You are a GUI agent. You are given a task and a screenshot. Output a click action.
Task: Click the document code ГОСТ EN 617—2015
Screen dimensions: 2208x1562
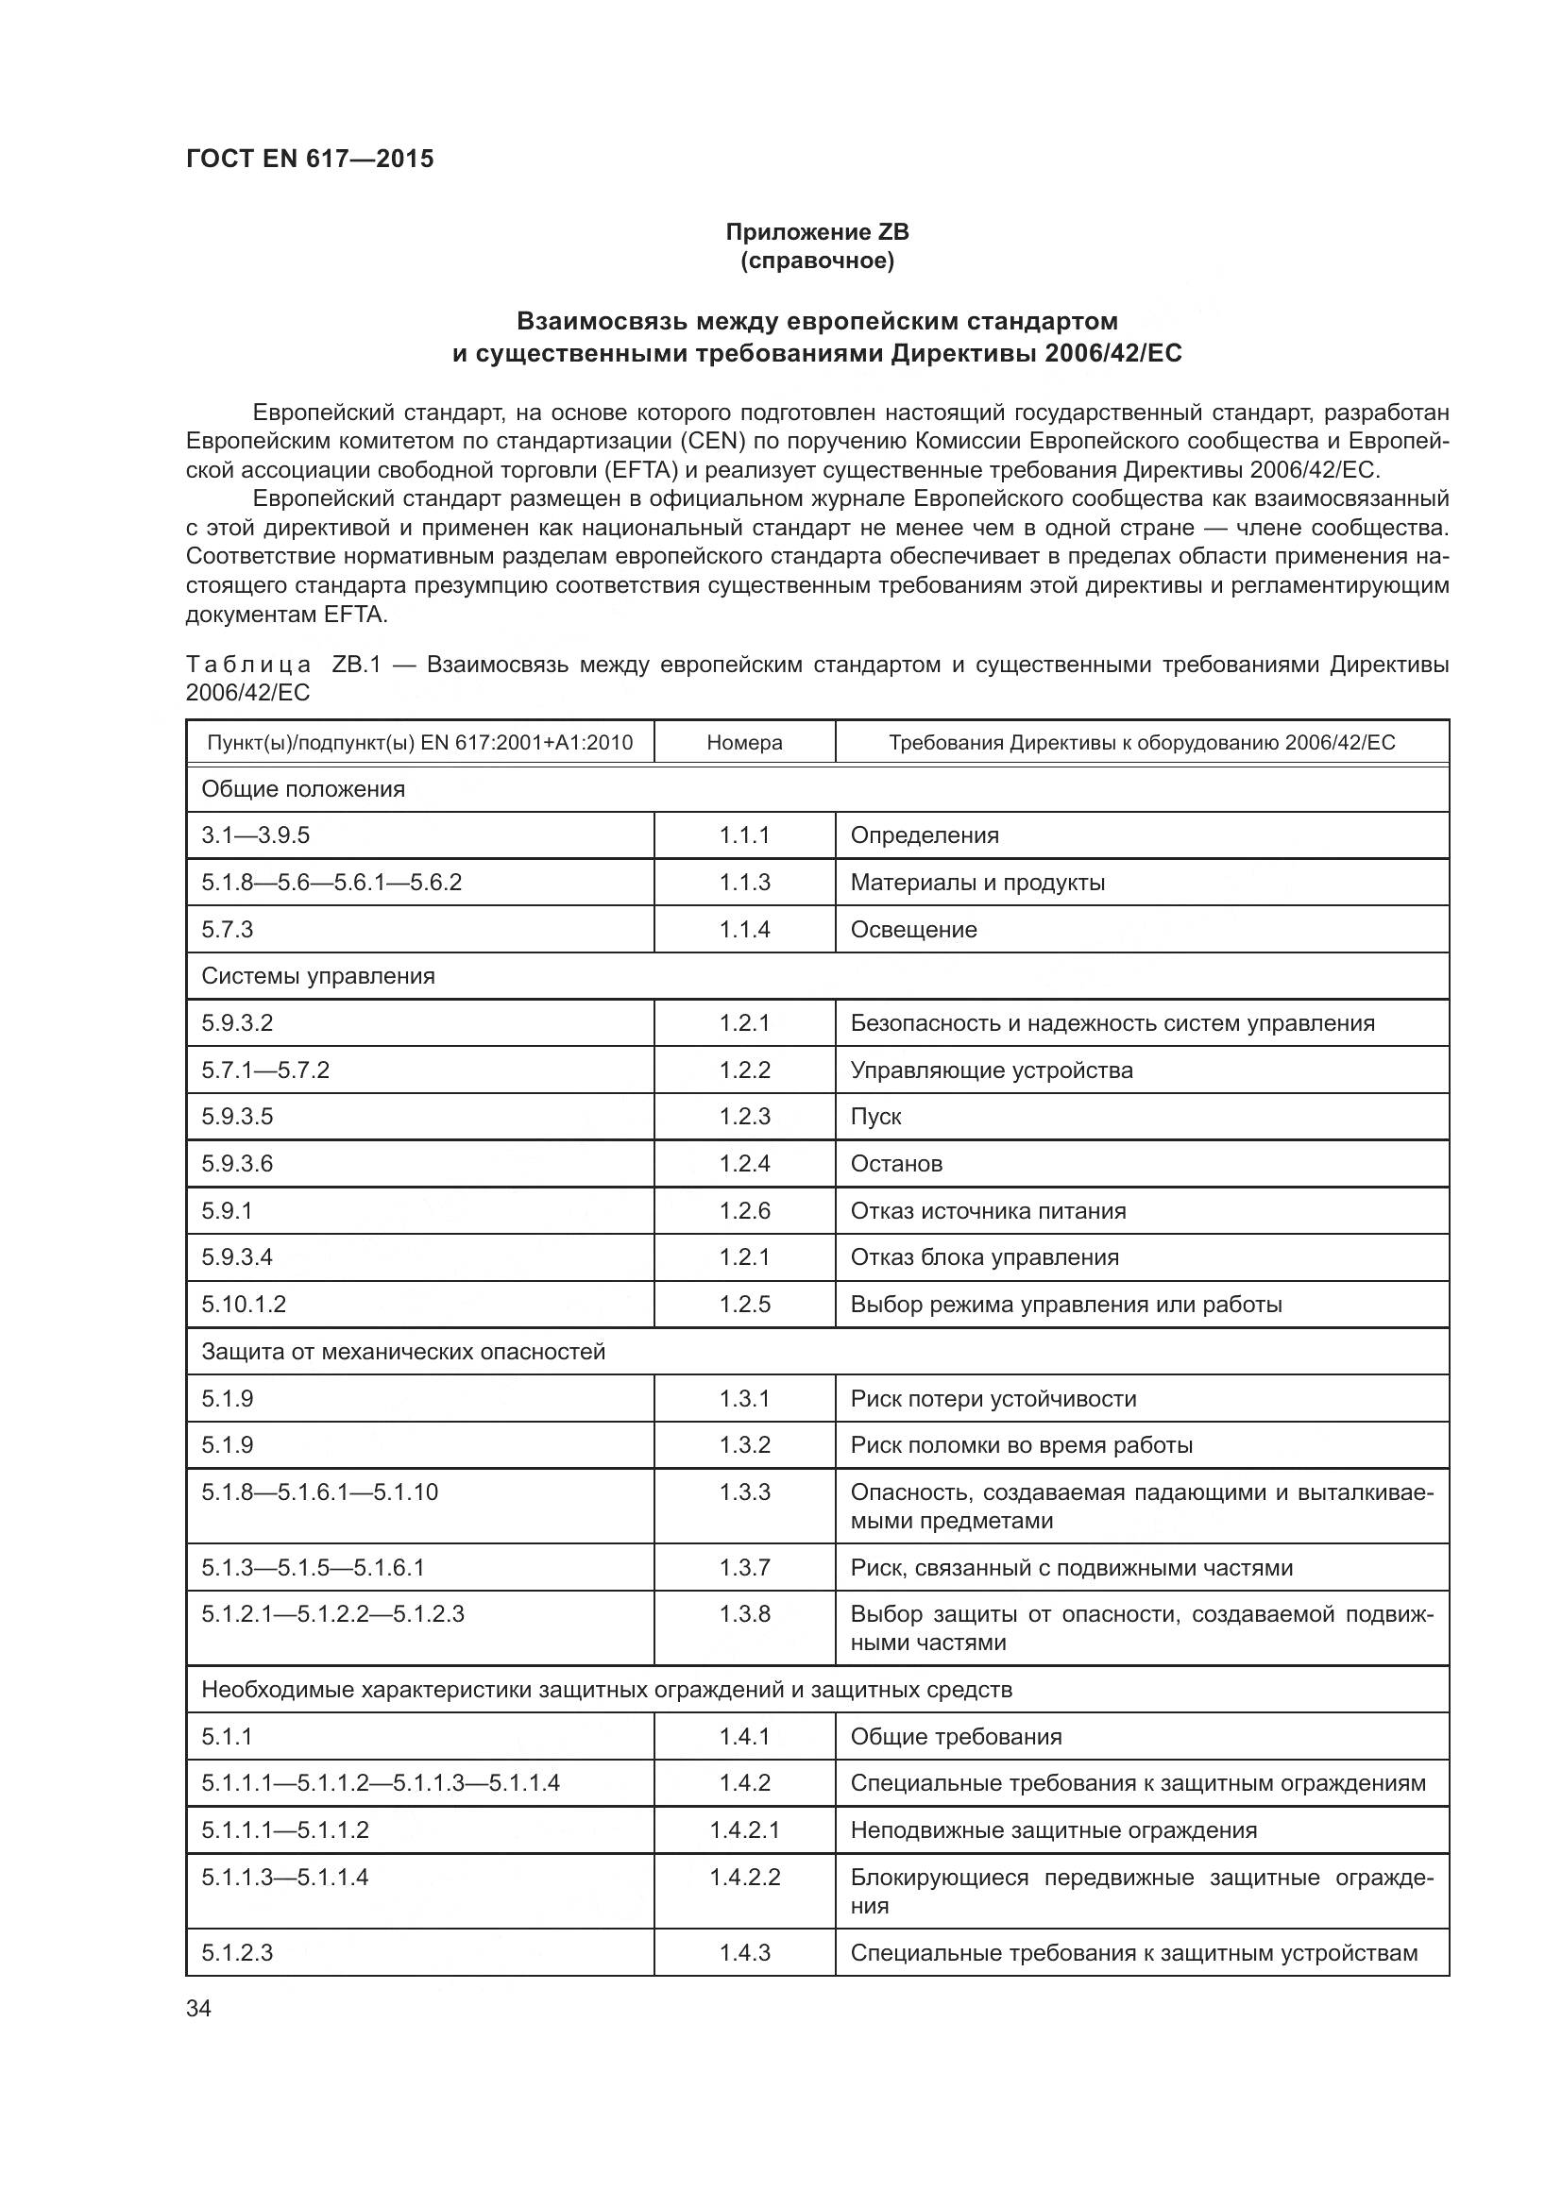(310, 159)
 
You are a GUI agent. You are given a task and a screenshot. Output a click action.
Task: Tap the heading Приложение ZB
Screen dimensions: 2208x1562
(817, 232)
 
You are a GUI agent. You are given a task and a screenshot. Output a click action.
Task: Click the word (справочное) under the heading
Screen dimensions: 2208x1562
(817, 261)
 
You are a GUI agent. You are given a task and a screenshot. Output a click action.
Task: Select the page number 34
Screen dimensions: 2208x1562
(199, 2008)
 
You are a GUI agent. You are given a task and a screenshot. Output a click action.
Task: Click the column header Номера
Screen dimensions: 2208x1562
(744, 742)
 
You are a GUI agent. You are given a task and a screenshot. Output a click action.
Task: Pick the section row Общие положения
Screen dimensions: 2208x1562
(303, 788)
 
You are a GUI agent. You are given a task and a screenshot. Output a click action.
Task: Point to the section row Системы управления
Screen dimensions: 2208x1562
(318, 976)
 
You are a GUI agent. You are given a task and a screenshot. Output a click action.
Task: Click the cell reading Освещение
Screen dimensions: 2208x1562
(914, 930)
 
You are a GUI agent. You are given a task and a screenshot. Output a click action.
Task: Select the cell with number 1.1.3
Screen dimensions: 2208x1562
(744, 883)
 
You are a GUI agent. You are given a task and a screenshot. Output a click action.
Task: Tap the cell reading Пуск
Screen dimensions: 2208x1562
(876, 1117)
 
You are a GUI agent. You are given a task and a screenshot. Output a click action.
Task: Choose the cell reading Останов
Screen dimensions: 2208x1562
(896, 1164)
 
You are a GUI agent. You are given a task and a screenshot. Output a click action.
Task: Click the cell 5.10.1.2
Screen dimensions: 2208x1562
(244, 1304)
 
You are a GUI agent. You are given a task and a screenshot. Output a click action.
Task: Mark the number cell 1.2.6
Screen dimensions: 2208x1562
(744, 1211)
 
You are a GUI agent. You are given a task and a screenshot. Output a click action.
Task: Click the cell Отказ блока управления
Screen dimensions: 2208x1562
(985, 1256)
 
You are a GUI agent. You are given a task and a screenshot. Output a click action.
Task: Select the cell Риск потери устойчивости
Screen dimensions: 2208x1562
(993, 1398)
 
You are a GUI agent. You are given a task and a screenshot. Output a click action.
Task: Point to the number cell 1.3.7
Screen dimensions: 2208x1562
(744, 1568)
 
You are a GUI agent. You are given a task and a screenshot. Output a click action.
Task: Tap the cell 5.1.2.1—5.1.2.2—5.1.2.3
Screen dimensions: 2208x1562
(332, 1613)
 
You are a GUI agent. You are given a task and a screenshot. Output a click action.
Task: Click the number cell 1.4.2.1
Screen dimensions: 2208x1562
(744, 1830)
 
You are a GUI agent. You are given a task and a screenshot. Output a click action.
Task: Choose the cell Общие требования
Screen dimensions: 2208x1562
(956, 1737)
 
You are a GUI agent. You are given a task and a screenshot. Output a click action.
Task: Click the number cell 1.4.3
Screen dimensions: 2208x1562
(744, 1952)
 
